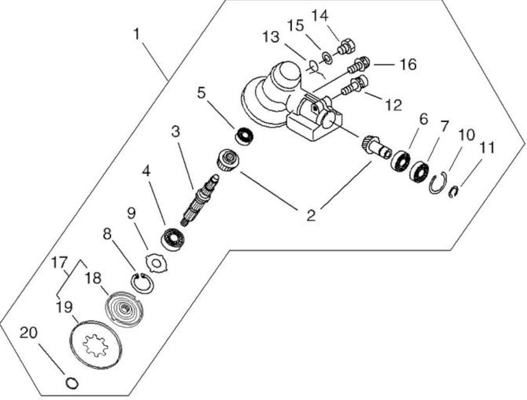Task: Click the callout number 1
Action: pyautogui.click(x=137, y=34)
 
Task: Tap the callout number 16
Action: pyautogui.click(x=408, y=65)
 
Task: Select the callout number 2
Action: pyautogui.click(x=311, y=215)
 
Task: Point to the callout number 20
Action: pyautogui.click(x=28, y=333)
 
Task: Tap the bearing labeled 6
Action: pyautogui.click(x=400, y=160)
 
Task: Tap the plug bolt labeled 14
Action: pyautogui.click(x=346, y=46)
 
